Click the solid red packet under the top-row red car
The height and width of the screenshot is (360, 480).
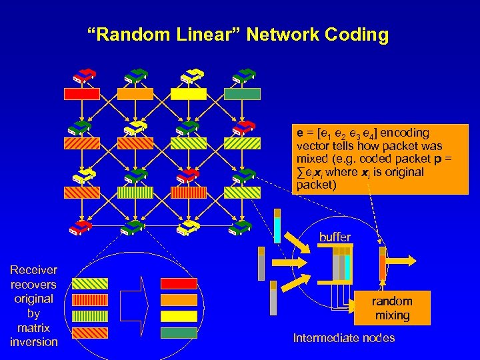tap(82, 94)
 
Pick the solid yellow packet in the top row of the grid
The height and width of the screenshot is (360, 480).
tap(189, 94)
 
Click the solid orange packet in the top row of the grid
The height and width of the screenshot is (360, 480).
tap(135, 94)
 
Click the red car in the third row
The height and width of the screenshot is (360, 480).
tap(189, 175)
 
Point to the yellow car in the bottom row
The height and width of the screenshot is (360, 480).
tap(189, 227)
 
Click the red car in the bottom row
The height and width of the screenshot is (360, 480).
tap(81, 227)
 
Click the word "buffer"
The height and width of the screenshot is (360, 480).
tap(334, 237)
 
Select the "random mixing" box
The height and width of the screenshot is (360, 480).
tap(392, 308)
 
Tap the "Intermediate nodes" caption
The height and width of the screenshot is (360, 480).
tap(343, 338)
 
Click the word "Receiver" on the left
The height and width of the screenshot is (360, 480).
tap(33, 270)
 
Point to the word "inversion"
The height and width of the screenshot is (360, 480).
tap(33, 342)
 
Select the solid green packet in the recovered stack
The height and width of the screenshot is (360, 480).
tap(179, 333)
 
